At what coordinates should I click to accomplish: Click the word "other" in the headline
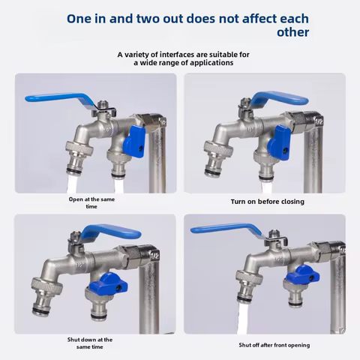pyautogui.click(x=292, y=32)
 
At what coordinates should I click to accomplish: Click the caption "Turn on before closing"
pyautogui.click(x=268, y=202)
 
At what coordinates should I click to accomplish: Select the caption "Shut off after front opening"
pyautogui.click(x=274, y=345)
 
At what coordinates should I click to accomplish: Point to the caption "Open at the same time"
pyautogui.click(x=91, y=202)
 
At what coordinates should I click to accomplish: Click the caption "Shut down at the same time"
pyautogui.click(x=90, y=343)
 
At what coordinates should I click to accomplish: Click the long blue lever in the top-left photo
pyautogui.click(x=60, y=98)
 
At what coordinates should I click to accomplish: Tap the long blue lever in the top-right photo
pyautogui.click(x=279, y=98)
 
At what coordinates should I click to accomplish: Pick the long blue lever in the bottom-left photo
pyautogui.click(x=111, y=231)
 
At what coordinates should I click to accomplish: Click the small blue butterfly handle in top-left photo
pyautogui.click(x=134, y=141)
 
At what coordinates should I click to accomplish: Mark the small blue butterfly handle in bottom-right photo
pyautogui.click(x=303, y=274)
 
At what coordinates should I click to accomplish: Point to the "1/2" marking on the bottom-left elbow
pyautogui.click(x=154, y=256)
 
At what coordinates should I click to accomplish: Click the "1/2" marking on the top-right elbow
pyautogui.click(x=319, y=121)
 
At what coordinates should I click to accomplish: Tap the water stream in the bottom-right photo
pyautogui.click(x=243, y=317)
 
